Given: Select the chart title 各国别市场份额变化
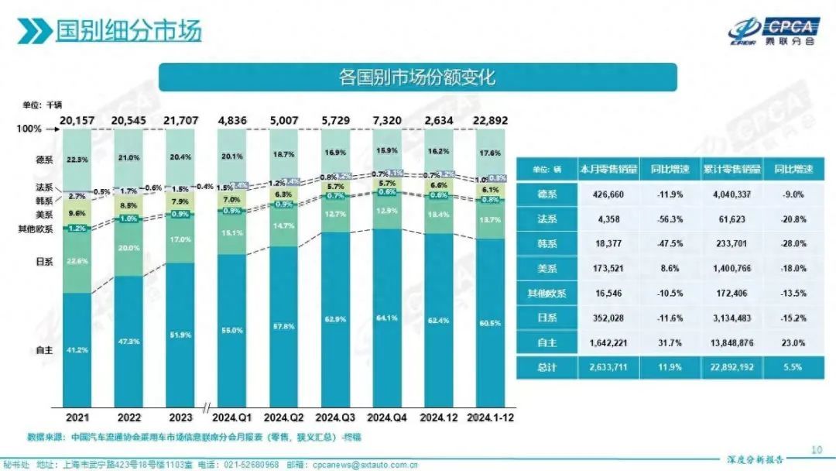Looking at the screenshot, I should tap(417, 77).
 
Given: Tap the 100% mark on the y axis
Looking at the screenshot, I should tap(29, 129).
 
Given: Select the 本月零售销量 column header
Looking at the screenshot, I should tap(606, 169).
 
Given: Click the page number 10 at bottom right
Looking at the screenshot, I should tap(816, 449).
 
